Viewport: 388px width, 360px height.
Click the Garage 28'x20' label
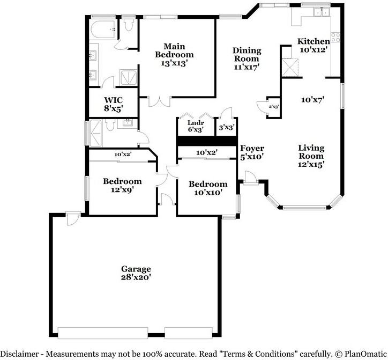click(136, 273)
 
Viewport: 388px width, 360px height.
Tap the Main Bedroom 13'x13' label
click(174, 55)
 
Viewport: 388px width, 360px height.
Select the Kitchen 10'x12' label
click(314, 45)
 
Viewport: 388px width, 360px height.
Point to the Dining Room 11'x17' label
click(247, 58)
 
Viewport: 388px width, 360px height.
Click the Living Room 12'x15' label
click(311, 156)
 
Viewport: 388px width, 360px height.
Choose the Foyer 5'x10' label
click(252, 152)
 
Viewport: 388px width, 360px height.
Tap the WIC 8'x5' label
click(113, 104)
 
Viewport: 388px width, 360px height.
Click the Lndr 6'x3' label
click(196, 126)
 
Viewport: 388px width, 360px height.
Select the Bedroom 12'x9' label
click(122, 185)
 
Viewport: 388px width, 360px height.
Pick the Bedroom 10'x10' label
click(208, 188)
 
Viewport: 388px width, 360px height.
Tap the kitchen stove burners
click(336, 37)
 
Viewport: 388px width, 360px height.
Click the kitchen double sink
click(322, 12)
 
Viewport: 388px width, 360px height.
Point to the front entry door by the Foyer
click(250, 178)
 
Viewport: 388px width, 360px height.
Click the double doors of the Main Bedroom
click(160, 101)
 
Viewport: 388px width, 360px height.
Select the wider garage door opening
click(103, 333)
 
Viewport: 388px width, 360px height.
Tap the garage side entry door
click(73, 218)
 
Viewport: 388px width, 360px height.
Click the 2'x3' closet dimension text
click(274, 107)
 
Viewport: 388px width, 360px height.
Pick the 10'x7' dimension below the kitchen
click(313, 100)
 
